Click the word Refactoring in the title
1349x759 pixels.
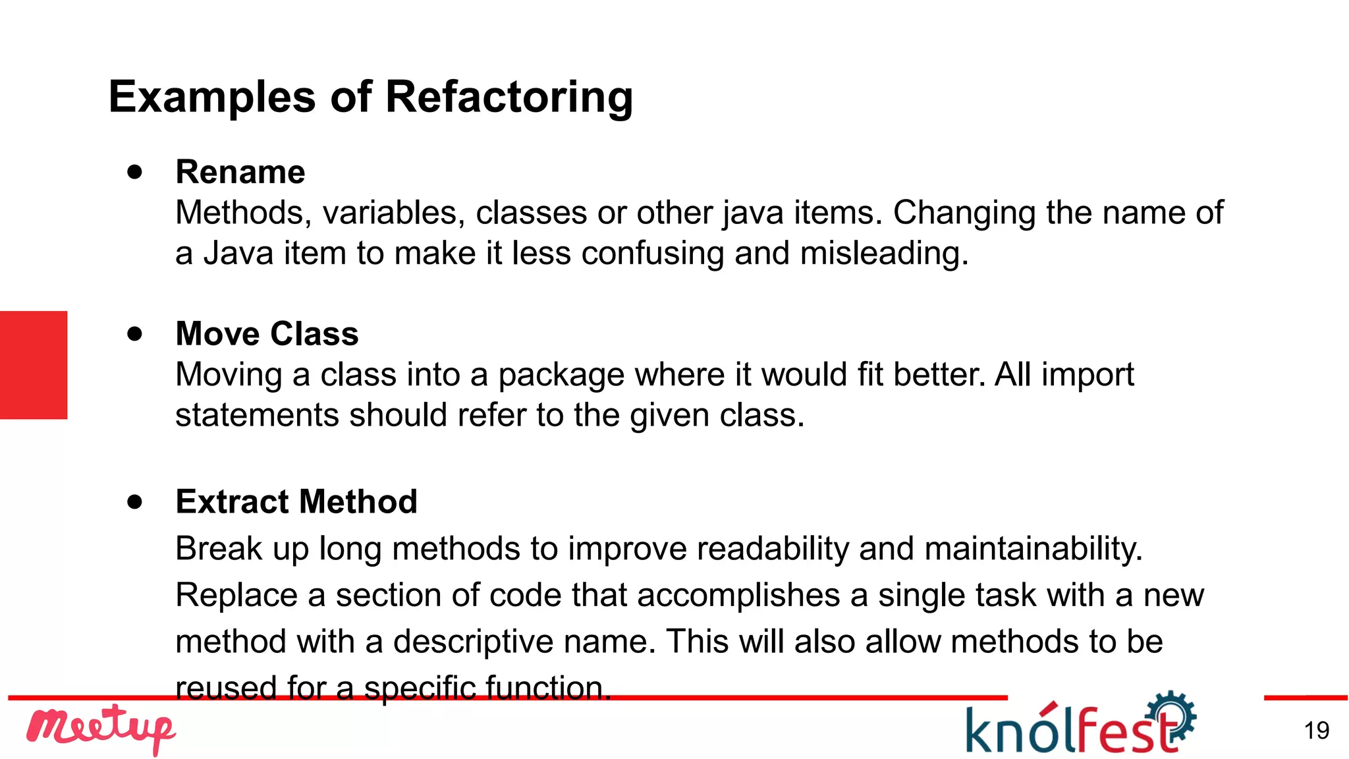click(x=509, y=98)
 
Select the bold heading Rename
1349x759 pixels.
click(x=240, y=172)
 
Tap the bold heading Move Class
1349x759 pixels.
click(x=267, y=333)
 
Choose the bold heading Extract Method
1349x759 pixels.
click(x=296, y=501)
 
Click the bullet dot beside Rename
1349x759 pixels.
click(x=135, y=172)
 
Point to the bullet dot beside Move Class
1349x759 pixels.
click(x=135, y=333)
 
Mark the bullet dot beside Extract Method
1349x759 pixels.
click(x=135, y=502)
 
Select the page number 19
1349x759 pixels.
click(x=1316, y=731)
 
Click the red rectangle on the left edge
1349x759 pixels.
click(x=34, y=365)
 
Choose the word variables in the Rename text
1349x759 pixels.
click(x=393, y=213)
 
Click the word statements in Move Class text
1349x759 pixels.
click(x=257, y=416)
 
